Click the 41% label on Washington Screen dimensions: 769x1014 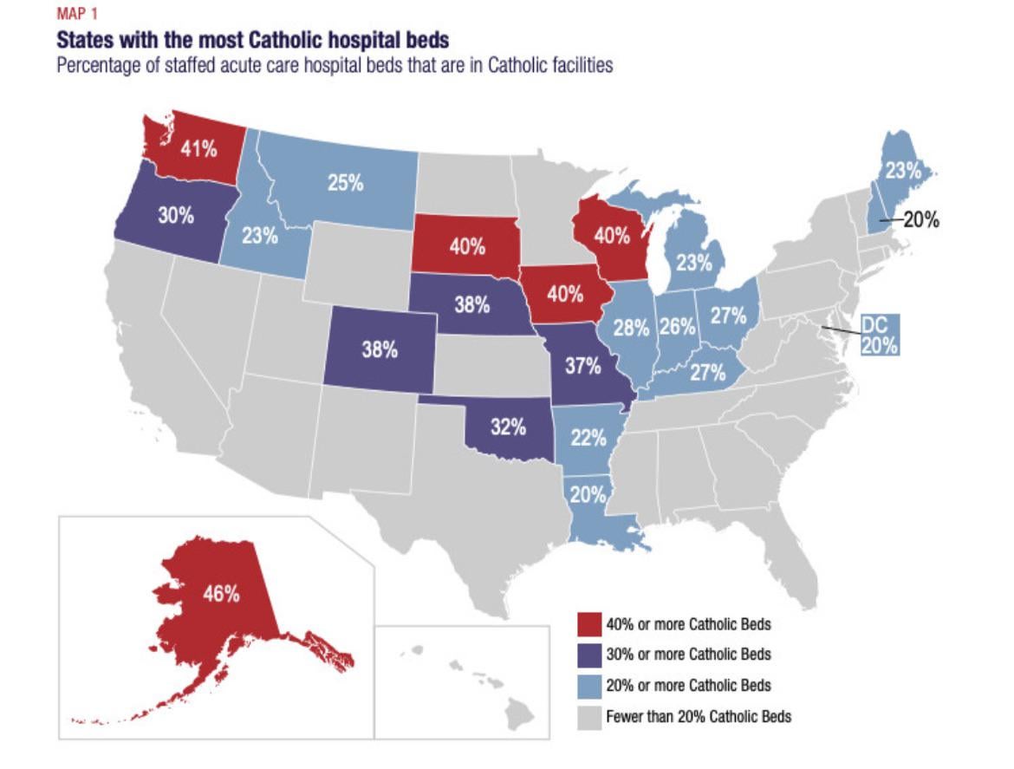[198, 149]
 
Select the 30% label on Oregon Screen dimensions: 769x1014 [175, 217]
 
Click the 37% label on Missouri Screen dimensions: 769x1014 [583, 366]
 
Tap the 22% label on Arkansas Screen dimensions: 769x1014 [589, 439]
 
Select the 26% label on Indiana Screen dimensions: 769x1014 [678, 327]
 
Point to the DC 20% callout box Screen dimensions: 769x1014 [878, 335]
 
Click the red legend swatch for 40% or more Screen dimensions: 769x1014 [590, 624]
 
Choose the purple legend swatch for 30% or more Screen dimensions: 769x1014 [590, 655]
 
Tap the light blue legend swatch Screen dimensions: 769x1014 [590, 686]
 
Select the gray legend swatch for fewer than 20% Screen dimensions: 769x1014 [590, 716]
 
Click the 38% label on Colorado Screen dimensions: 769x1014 [380, 351]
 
